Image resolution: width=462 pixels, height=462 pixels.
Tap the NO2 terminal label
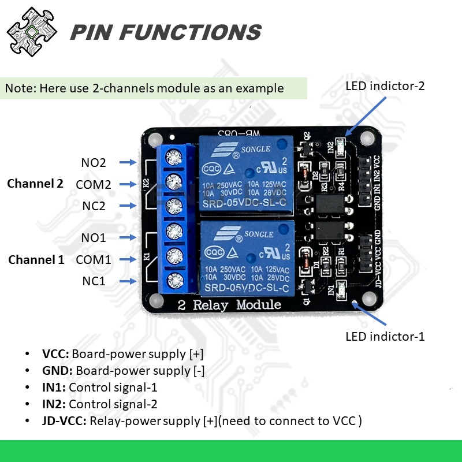tap(94, 163)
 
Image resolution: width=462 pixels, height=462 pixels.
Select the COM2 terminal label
tap(93, 184)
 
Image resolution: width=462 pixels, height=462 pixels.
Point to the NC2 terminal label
tap(93, 206)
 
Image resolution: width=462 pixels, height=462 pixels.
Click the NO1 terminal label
tap(93, 237)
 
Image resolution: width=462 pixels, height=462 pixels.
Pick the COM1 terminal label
tap(93, 260)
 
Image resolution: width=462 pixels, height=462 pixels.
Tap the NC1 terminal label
tap(93, 281)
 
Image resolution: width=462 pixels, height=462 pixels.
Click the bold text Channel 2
tap(35, 184)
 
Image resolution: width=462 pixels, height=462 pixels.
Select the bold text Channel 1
tap(36, 260)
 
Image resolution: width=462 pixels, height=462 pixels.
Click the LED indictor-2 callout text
tap(385, 87)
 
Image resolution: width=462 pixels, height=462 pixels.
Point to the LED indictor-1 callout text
tap(385, 336)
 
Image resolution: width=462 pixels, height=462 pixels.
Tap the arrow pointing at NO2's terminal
tap(128, 163)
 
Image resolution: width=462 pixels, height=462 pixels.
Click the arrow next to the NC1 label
tap(128, 281)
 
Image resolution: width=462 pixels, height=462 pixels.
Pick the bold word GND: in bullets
tap(57, 371)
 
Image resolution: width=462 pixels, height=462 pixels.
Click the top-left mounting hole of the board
tap(154, 139)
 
